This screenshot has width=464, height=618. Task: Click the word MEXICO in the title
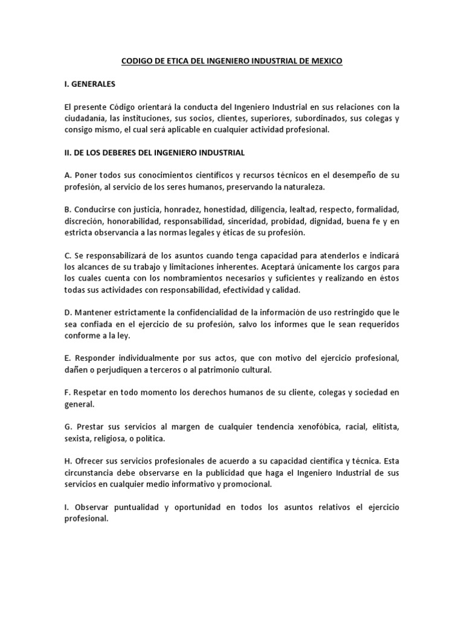pyautogui.click(x=325, y=62)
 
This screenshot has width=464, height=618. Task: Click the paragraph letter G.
pyautogui.click(x=68, y=427)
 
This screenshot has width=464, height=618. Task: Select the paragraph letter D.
pyautogui.click(x=68, y=313)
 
